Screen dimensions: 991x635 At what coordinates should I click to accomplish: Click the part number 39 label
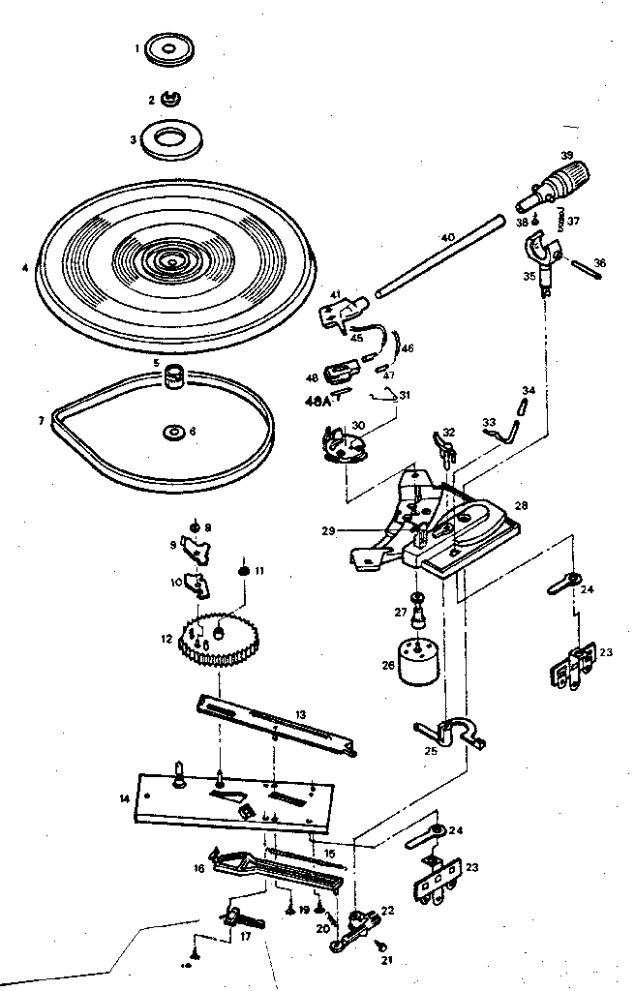pyautogui.click(x=567, y=155)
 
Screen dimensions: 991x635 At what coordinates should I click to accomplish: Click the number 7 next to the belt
pyautogui.click(x=41, y=421)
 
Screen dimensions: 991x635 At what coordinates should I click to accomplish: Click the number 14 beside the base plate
pyautogui.click(x=123, y=797)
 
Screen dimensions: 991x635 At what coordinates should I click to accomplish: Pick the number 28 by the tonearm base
pyautogui.click(x=522, y=505)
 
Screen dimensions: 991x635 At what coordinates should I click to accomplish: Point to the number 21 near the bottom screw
pyautogui.click(x=388, y=960)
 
